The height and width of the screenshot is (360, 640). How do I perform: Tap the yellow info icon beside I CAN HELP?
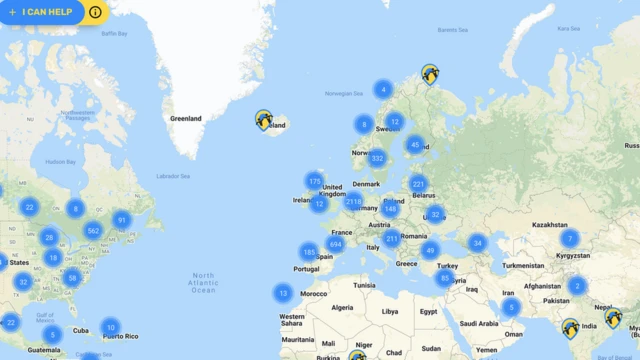tap(95, 13)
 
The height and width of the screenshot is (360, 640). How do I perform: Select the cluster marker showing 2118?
tap(353, 201)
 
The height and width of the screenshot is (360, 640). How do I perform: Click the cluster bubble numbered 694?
tap(336, 244)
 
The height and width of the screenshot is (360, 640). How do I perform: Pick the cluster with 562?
tap(93, 230)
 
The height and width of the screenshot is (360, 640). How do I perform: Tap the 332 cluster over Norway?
tap(377, 158)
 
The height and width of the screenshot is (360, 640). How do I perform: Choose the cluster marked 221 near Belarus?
tap(419, 184)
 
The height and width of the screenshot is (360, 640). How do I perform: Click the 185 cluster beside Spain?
tap(309, 252)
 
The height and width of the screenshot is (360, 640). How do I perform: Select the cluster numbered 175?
tap(315, 181)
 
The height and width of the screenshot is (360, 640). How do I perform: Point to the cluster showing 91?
tap(122, 220)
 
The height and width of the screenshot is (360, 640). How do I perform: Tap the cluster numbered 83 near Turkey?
tap(446, 277)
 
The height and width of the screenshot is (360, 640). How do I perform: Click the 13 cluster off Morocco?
tap(284, 293)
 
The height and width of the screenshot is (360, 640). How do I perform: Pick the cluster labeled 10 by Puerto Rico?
tap(111, 327)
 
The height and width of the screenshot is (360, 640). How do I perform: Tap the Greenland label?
tap(186, 118)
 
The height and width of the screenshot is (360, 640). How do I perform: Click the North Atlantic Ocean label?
tap(203, 282)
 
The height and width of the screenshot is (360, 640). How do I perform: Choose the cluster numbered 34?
tap(478, 243)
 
